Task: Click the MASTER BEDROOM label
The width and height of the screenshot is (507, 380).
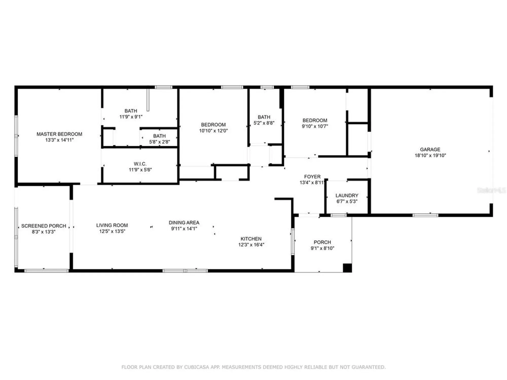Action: (x=59, y=134)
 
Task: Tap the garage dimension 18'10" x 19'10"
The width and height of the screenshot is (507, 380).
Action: (x=430, y=156)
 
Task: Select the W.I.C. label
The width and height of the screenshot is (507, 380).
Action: (x=140, y=164)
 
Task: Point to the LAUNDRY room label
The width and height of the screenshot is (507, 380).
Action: (x=347, y=196)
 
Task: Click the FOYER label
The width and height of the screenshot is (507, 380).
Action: (x=312, y=177)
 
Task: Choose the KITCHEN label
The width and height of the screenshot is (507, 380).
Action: (x=251, y=239)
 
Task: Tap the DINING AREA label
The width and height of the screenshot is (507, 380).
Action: (x=184, y=223)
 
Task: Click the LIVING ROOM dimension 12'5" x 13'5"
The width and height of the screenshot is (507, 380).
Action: (x=112, y=231)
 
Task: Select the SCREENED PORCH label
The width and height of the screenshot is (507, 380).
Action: (x=44, y=226)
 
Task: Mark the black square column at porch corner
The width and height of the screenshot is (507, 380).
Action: (x=347, y=268)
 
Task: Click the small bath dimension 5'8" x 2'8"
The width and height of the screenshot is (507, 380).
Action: (x=159, y=142)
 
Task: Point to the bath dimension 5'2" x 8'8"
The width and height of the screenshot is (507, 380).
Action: (x=264, y=123)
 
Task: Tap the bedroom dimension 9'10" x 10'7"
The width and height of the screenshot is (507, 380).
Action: (x=315, y=126)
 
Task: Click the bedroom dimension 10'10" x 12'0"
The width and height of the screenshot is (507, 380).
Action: (x=213, y=131)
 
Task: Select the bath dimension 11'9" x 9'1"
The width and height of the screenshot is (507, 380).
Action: (x=131, y=117)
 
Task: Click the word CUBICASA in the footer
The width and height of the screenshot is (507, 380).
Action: (x=194, y=367)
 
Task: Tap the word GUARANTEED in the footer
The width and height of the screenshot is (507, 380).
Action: (x=372, y=367)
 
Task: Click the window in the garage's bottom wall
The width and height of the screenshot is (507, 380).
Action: (x=425, y=215)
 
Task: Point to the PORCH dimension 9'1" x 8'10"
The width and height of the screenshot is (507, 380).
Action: (x=322, y=248)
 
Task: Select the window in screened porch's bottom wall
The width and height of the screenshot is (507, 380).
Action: (x=46, y=271)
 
